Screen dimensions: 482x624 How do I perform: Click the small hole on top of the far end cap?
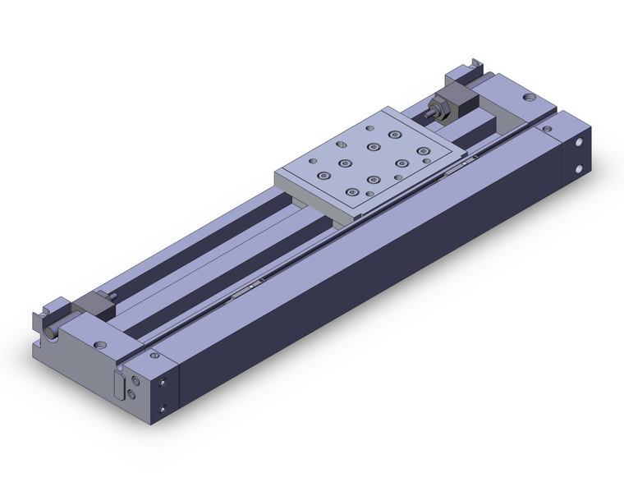[x=545, y=128]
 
